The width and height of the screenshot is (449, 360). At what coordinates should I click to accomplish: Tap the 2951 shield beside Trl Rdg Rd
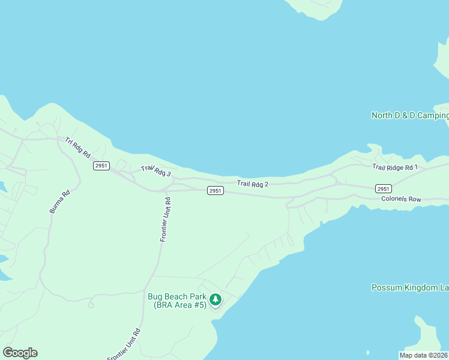click(x=101, y=166)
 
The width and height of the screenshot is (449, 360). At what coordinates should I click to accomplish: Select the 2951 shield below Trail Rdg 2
click(x=215, y=191)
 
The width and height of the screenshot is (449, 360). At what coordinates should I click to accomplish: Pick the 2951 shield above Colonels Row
click(x=384, y=188)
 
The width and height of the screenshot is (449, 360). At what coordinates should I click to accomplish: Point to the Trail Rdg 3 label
click(x=156, y=171)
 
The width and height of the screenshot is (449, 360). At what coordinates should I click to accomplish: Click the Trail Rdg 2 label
click(x=252, y=183)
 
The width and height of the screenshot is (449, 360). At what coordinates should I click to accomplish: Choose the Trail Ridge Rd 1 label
click(x=394, y=167)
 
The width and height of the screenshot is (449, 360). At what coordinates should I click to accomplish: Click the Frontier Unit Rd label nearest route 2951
click(x=165, y=220)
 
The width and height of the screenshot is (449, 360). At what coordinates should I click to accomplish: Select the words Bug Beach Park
click(x=177, y=296)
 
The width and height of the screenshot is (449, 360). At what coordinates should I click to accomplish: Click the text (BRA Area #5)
click(x=179, y=305)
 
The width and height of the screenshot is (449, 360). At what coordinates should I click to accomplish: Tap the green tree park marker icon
click(x=215, y=299)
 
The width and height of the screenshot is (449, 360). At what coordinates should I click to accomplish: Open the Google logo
click(x=20, y=353)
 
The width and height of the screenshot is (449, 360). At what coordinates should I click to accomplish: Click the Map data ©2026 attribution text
click(x=423, y=355)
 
